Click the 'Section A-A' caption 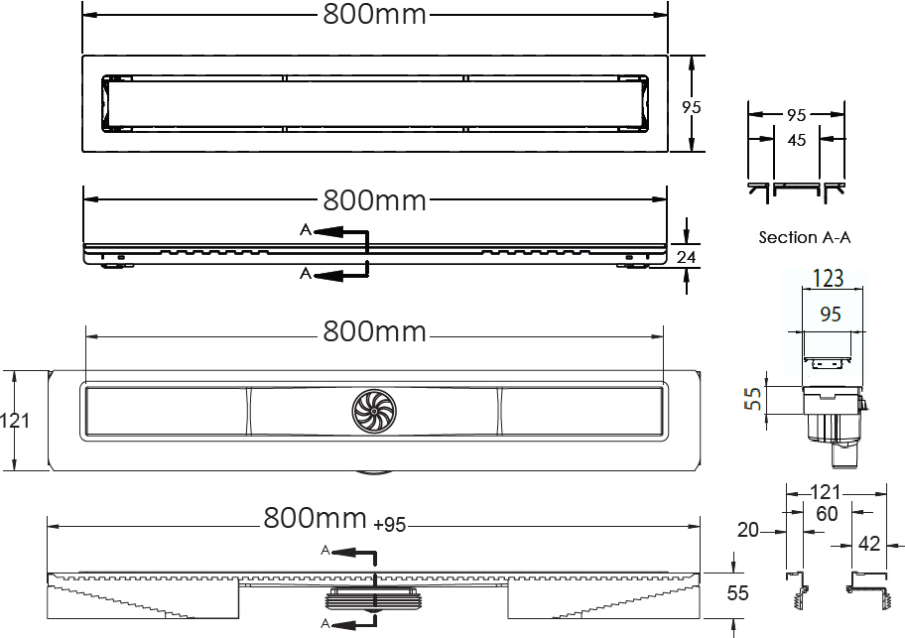805,237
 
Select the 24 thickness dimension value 686,257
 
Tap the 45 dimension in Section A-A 797,140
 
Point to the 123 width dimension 829,278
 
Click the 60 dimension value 827,513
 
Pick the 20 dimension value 748,530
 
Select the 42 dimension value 869,544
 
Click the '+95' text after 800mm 390,524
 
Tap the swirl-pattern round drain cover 374,411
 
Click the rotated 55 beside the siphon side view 753,398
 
